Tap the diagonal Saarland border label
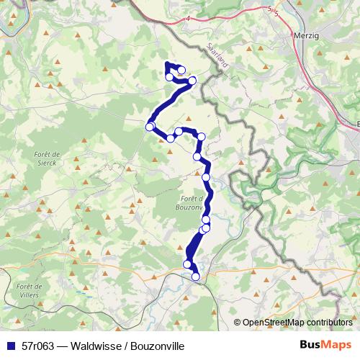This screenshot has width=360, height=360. point(217,54)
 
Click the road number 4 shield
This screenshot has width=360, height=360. point(188,18)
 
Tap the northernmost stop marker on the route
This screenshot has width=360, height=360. point(181,70)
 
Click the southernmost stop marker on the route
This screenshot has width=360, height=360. point(195,276)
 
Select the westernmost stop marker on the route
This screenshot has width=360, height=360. point(150,127)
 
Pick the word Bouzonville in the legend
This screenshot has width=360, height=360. point(153,346)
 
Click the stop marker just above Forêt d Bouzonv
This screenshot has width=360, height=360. point(206,177)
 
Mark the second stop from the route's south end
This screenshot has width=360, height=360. point(188,264)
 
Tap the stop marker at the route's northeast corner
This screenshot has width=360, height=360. point(192,81)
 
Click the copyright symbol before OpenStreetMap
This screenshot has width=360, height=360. point(238,322)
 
